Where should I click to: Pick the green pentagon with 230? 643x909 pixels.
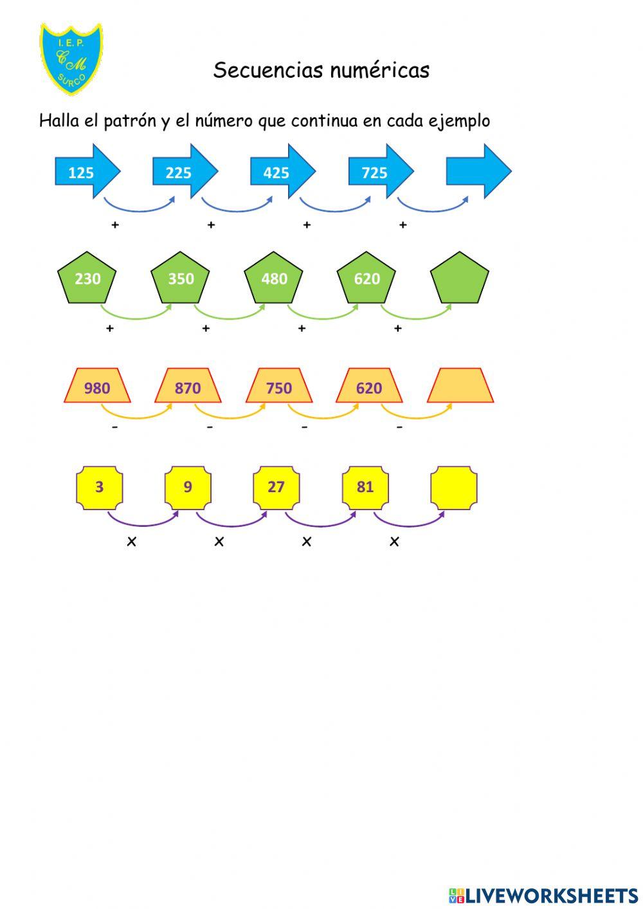coord(87,278)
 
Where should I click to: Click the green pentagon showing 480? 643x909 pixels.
coord(273,278)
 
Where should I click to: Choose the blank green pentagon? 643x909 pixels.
coord(460,278)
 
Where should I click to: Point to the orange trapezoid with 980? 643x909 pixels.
coord(97,385)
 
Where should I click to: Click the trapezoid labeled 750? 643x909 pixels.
coord(279,385)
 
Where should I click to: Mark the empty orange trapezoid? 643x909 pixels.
coord(460,385)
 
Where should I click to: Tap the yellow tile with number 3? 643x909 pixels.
coord(100,488)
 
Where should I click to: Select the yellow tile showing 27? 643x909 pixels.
coord(276,488)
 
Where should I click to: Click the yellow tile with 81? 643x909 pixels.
coord(365,488)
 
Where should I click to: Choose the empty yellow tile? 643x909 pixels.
coord(454,488)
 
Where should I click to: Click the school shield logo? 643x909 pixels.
coord(71,59)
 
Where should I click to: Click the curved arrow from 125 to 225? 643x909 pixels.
coord(139,210)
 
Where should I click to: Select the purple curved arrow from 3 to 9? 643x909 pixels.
coord(143,526)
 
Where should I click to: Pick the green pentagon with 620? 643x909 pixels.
coord(367,278)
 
